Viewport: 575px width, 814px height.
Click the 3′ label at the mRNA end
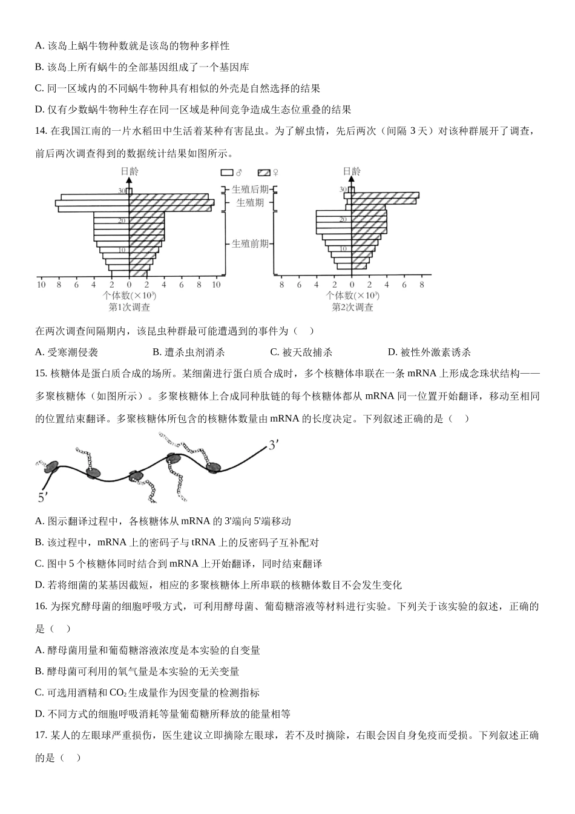pyautogui.click(x=273, y=445)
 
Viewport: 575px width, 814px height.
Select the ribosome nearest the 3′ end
pyautogui.click(x=212, y=467)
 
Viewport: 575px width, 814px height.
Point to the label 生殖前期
pyautogui.click(x=250, y=243)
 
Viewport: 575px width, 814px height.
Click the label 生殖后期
pyautogui.click(x=250, y=190)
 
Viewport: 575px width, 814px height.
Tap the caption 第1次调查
pyautogui.click(x=129, y=307)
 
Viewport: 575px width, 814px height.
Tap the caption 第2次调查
pyautogui.click(x=352, y=307)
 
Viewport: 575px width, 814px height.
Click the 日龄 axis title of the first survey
pyautogui.click(x=129, y=171)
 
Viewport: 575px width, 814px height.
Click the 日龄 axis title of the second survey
pyautogui.click(x=352, y=171)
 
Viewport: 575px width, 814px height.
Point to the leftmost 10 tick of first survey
pyautogui.click(x=41, y=284)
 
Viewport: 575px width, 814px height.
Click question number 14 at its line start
pyautogui.click(x=41, y=131)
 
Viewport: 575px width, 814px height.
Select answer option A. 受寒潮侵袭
pyautogui.click(x=67, y=352)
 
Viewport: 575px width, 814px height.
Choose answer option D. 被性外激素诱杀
pyautogui.click(x=429, y=352)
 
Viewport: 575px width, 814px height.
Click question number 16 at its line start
pyautogui.click(x=41, y=606)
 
